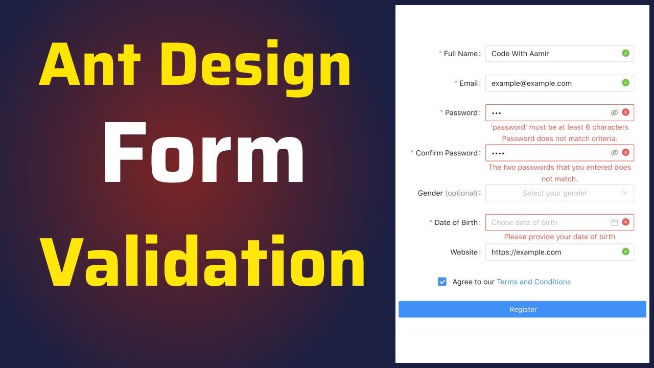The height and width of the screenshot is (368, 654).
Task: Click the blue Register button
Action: (x=522, y=309)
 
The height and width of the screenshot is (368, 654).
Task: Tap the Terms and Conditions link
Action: (x=533, y=282)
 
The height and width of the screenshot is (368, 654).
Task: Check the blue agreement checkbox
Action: (x=442, y=282)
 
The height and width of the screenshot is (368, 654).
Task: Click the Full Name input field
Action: (x=559, y=54)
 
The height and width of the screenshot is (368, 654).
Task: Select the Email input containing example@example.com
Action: (x=559, y=83)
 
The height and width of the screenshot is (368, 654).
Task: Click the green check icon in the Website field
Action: (x=625, y=251)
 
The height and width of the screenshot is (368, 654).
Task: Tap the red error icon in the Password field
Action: (x=625, y=112)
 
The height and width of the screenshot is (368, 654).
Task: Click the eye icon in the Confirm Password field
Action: (x=614, y=153)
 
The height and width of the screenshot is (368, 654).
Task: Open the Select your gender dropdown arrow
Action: (x=625, y=193)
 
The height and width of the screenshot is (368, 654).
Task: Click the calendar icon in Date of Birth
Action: (x=614, y=222)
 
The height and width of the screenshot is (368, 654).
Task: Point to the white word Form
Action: (x=203, y=152)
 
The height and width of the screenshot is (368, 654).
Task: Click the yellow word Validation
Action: (x=202, y=261)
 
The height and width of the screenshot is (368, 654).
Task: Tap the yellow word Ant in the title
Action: (x=90, y=64)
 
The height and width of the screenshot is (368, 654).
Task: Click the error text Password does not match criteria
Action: (x=559, y=139)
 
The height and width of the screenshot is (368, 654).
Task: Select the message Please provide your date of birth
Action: (x=559, y=237)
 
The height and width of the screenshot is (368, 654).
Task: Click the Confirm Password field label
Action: (x=447, y=153)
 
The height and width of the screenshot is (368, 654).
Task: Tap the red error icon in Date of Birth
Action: (x=625, y=222)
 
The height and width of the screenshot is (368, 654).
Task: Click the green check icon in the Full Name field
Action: (x=625, y=53)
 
